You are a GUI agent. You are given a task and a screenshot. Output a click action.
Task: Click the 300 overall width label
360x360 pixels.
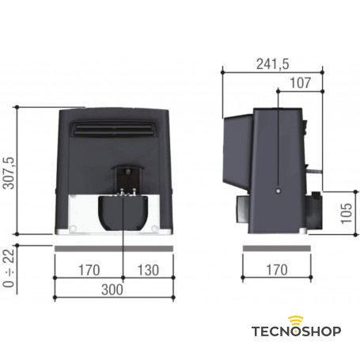(112, 289)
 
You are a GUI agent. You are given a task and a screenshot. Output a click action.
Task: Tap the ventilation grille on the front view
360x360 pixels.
(112, 129)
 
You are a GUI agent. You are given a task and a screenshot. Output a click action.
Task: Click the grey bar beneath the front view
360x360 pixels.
(112, 248)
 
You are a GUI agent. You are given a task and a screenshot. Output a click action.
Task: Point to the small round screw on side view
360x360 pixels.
(277, 190)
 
